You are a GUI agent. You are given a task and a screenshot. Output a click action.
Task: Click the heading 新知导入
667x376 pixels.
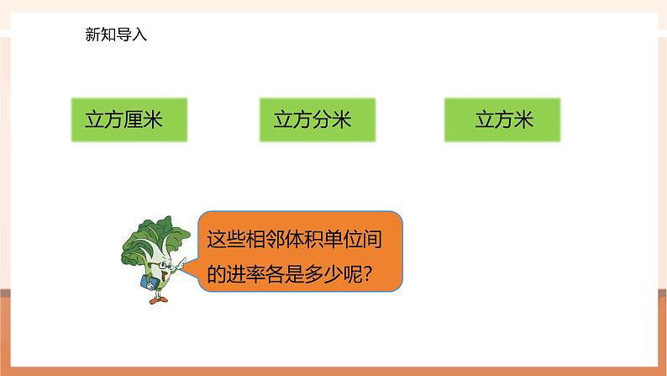tap(116, 34)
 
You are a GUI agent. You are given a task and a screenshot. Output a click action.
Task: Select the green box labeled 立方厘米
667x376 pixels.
tap(129, 119)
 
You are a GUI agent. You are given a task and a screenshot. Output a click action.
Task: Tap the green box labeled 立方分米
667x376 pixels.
tap(318, 119)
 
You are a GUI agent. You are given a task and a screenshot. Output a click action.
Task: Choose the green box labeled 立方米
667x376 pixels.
tap(502, 119)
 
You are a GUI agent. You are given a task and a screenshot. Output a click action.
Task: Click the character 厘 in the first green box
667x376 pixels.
tap(133, 119)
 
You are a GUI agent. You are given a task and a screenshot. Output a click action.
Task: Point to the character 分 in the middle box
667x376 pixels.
tap(322, 119)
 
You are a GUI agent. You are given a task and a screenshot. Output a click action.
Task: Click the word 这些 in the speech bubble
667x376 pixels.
tap(226, 240)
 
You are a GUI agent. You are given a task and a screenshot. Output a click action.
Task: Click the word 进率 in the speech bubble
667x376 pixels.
tap(245, 274)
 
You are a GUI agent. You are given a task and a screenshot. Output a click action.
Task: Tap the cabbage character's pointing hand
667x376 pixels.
tap(181, 262)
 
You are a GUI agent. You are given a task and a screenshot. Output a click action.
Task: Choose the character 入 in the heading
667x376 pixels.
tap(139, 34)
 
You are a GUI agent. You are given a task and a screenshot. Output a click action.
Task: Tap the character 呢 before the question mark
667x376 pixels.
tap(353, 274)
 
